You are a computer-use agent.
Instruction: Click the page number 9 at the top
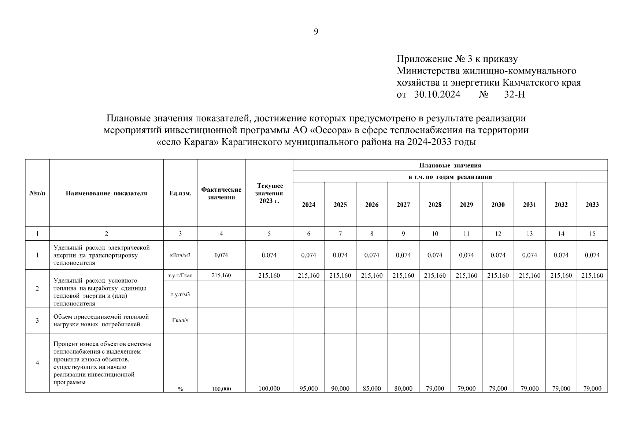click(x=316, y=32)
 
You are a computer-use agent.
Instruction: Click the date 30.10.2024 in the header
click(x=434, y=95)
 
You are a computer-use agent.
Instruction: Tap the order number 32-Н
click(x=515, y=95)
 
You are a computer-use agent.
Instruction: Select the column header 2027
click(x=403, y=205)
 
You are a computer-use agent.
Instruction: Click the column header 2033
click(x=592, y=205)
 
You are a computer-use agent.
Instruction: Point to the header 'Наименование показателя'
click(x=107, y=194)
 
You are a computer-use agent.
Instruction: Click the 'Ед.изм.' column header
click(x=180, y=194)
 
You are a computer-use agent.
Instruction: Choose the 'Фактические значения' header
click(x=221, y=194)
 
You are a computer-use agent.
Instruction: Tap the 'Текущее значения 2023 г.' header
click(x=269, y=194)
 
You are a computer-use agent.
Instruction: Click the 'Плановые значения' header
click(x=450, y=165)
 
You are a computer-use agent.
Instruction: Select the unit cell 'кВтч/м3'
click(x=180, y=255)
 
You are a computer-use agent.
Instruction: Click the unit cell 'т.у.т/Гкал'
click(x=180, y=276)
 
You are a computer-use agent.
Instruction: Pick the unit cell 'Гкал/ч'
click(x=180, y=320)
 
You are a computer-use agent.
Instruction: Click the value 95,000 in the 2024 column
click(x=308, y=389)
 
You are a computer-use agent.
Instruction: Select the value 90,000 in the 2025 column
click(x=340, y=389)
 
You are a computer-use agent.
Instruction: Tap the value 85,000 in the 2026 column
click(x=372, y=389)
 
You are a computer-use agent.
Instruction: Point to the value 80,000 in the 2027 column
click(x=403, y=389)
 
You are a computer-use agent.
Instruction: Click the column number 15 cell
click(x=592, y=234)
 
